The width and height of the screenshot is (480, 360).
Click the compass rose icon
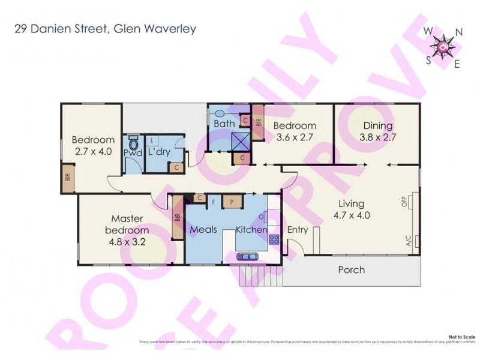coord(443,46)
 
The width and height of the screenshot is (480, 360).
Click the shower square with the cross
coord(241,142)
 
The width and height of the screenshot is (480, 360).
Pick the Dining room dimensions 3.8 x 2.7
coord(377,137)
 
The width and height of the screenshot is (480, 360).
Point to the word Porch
coord(352,269)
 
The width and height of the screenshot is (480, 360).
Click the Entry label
coord(298,230)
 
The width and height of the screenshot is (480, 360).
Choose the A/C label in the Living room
coord(409,242)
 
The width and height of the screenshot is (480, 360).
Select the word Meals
coord(203,230)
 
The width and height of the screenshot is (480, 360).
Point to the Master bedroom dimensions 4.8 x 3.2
coord(127,244)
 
